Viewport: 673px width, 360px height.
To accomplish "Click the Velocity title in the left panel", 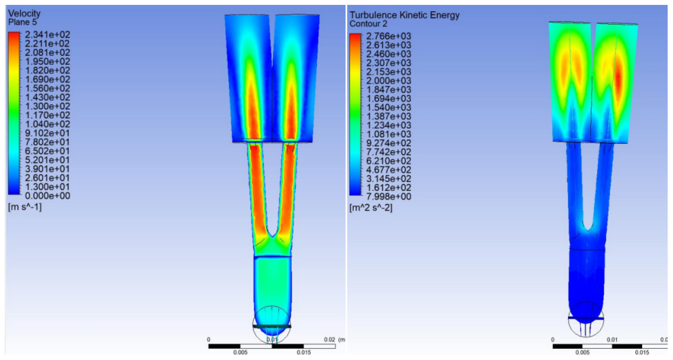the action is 24,13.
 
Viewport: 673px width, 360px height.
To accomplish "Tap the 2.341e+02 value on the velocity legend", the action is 48,34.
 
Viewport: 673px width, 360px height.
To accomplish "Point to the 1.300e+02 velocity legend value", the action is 48,106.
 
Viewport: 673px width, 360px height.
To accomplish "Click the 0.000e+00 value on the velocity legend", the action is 48,195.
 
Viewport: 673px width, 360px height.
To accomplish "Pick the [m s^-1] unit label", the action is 25,207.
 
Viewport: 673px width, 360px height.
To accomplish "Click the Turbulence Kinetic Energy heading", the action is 405,15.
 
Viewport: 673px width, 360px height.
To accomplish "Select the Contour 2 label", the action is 368,24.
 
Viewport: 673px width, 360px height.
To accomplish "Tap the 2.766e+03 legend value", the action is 389,36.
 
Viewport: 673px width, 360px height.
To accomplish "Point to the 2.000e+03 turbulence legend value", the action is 389,80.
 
